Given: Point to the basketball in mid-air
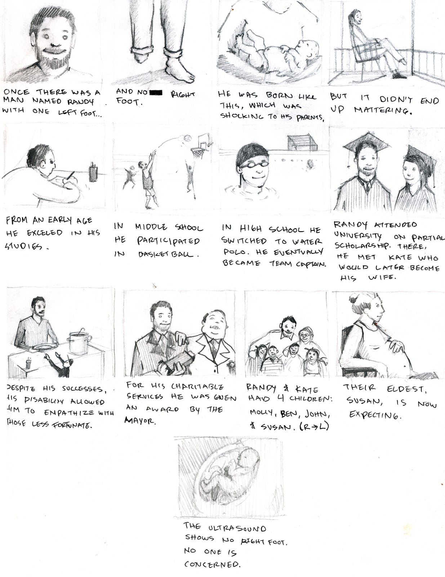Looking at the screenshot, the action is pos(188,138).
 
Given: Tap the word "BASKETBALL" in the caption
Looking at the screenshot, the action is pos(168,254).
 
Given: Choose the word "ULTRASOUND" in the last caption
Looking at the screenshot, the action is pos(237,529).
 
